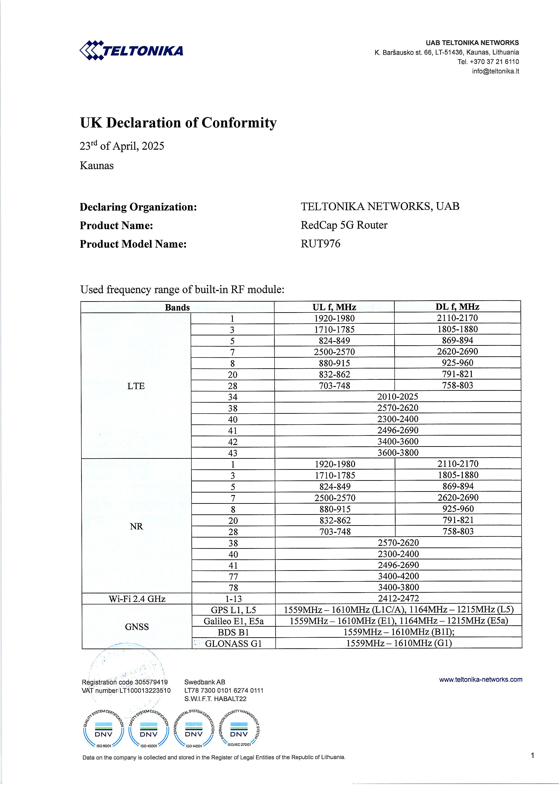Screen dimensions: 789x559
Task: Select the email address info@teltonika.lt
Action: [x=495, y=71]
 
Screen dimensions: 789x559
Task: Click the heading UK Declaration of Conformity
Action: [x=178, y=123]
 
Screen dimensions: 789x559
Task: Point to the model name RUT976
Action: [x=321, y=244]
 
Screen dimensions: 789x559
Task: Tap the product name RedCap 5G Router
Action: [x=344, y=225]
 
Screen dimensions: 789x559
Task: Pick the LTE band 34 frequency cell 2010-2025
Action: [x=398, y=397]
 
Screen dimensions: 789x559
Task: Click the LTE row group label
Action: [x=136, y=386]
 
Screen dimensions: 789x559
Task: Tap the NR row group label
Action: [x=136, y=526]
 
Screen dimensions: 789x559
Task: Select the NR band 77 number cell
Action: [x=233, y=576]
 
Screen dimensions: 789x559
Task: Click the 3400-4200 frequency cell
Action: [x=398, y=576]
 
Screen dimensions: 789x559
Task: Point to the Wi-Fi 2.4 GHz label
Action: [x=137, y=599]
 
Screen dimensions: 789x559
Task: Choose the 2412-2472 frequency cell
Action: [x=398, y=599]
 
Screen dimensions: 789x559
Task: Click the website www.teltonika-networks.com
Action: [x=481, y=679]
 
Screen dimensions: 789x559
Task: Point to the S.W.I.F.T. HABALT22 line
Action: [x=215, y=699]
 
